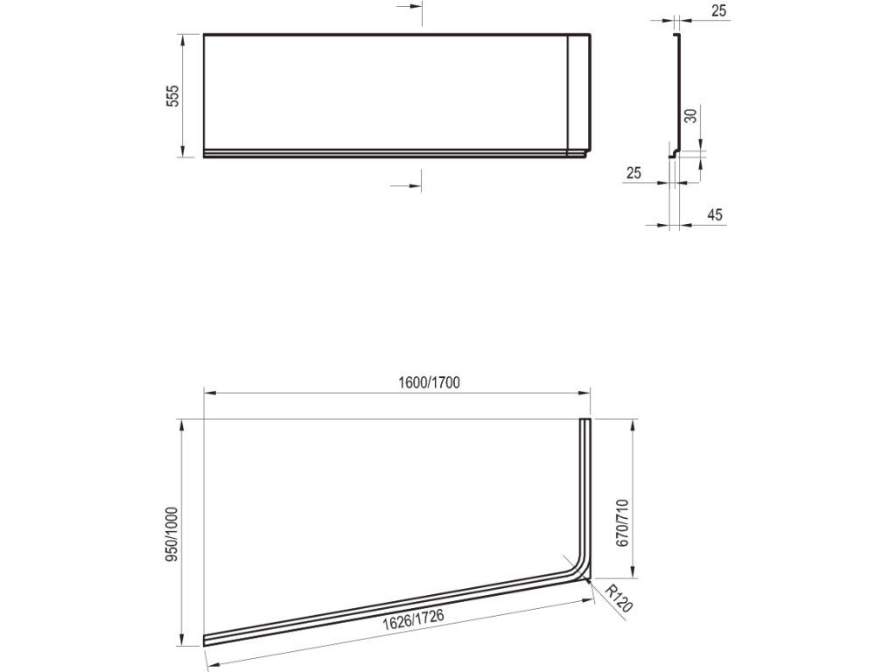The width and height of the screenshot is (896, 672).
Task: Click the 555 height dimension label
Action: tap(173, 95)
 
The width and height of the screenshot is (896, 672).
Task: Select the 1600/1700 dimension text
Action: tap(429, 382)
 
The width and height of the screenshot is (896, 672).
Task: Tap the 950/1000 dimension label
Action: tap(172, 535)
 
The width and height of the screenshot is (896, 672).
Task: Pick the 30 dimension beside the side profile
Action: tap(691, 115)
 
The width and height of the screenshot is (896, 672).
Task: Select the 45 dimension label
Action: tap(715, 214)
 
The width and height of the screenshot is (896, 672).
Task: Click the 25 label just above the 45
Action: tap(633, 172)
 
